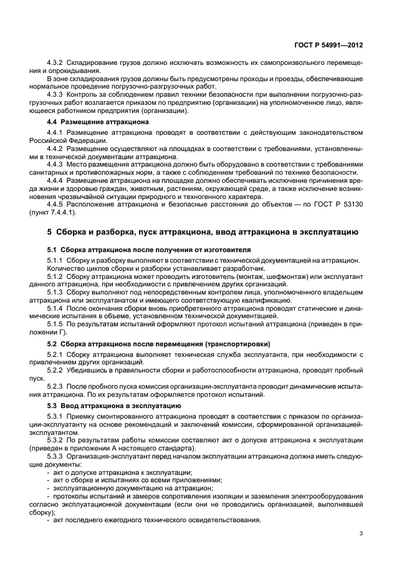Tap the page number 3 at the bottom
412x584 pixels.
(361, 533)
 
